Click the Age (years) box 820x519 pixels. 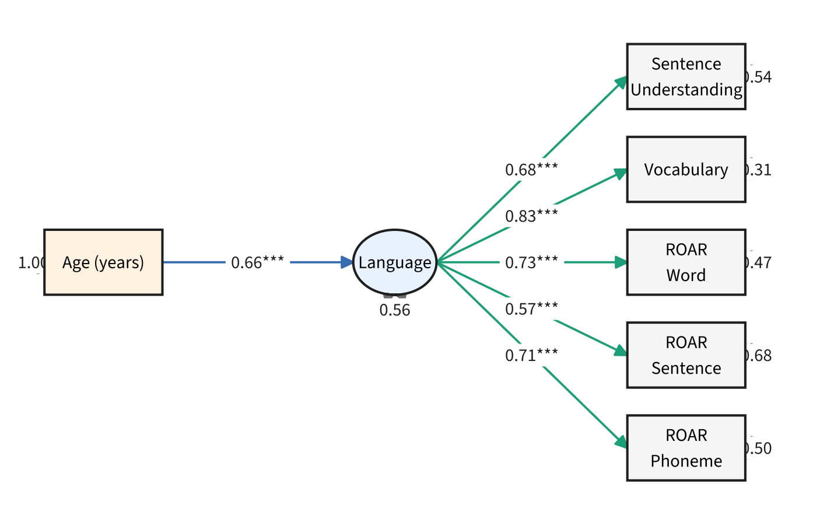[x=103, y=262]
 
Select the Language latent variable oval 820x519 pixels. [x=395, y=262]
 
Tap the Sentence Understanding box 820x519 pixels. [x=686, y=76]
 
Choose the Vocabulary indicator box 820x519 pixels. [x=686, y=170]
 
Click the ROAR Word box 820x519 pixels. [x=686, y=262]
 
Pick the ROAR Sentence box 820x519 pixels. [x=686, y=355]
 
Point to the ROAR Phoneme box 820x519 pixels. [x=686, y=448]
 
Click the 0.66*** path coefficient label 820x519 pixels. [x=257, y=262]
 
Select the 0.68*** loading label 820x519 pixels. [x=531, y=170]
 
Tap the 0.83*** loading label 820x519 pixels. [x=531, y=216]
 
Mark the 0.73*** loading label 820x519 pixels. [x=531, y=262]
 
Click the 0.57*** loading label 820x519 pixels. [x=531, y=309]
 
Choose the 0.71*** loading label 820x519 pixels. [x=531, y=355]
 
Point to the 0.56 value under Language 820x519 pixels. [x=395, y=310]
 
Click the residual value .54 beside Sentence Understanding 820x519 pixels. [x=759, y=77]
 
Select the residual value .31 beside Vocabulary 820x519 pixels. [x=759, y=170]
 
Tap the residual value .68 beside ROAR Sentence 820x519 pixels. [x=759, y=355]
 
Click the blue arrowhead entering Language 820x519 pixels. [x=348, y=262]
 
